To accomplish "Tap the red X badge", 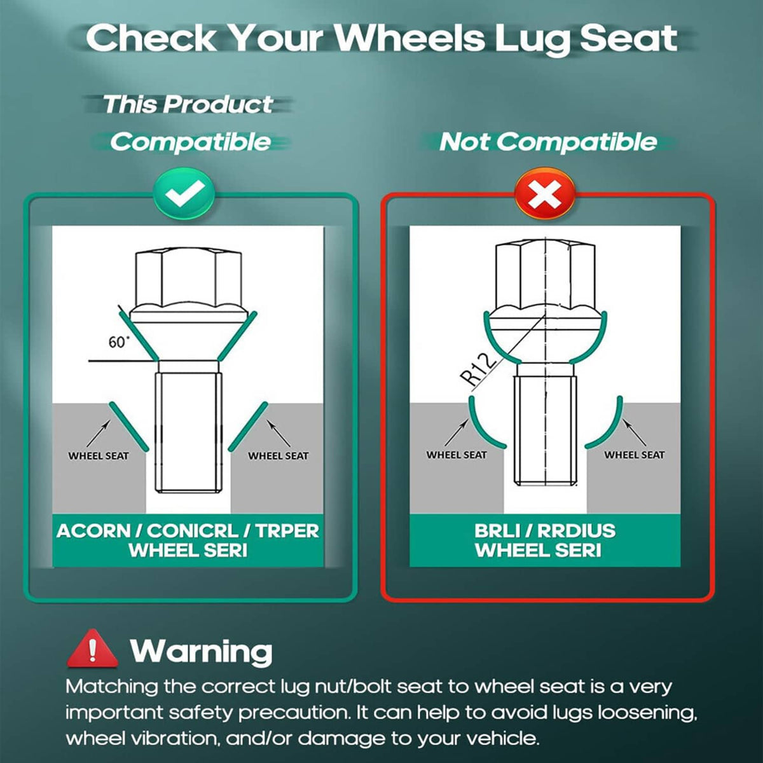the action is (544, 195).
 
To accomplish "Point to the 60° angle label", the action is (119, 341).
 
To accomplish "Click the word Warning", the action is (201, 650).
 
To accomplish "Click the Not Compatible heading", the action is (548, 142).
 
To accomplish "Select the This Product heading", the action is (188, 104).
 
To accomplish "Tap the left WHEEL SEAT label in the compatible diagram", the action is (99, 456).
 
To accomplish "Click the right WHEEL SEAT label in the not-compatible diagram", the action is (635, 455).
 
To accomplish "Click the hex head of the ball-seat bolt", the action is (545, 275).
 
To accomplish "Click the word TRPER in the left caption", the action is (287, 532).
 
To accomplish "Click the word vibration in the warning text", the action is (166, 738).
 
